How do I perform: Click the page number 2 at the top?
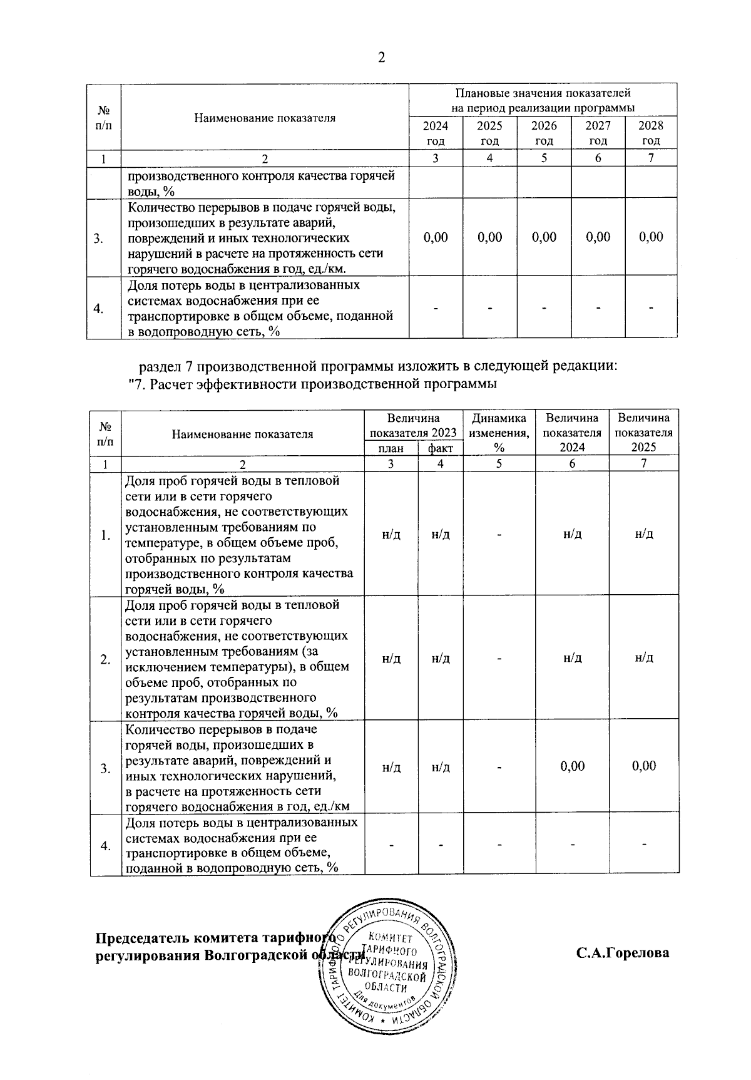382,58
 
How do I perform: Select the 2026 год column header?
544,133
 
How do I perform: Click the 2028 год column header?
651,133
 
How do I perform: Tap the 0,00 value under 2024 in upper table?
436,237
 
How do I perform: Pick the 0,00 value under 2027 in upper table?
598,237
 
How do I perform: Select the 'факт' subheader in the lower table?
441,448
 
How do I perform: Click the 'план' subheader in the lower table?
391,448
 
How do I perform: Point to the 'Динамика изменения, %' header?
499,432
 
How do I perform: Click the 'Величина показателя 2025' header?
644,432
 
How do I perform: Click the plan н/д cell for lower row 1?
391,534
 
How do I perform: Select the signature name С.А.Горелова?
623,953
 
